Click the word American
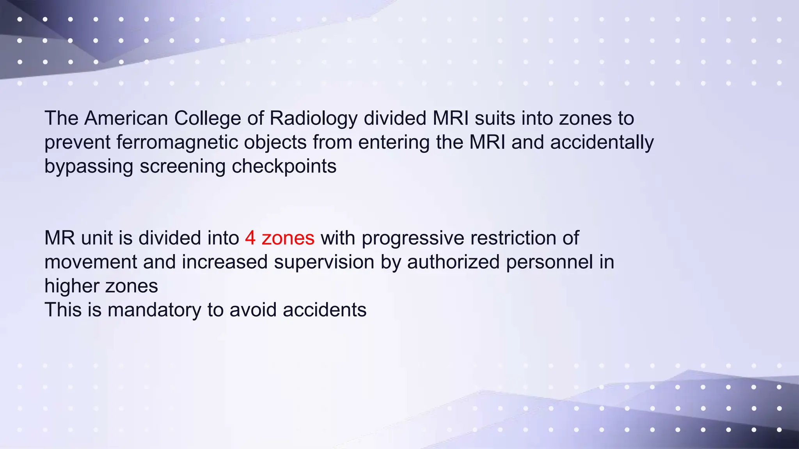[126, 118]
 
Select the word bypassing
[89, 167]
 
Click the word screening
[183, 167]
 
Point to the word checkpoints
[284, 167]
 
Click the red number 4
[250, 238]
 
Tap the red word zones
[288, 238]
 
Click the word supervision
[324, 262]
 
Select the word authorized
[453, 262]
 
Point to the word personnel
[550, 262]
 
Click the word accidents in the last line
[325, 310]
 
